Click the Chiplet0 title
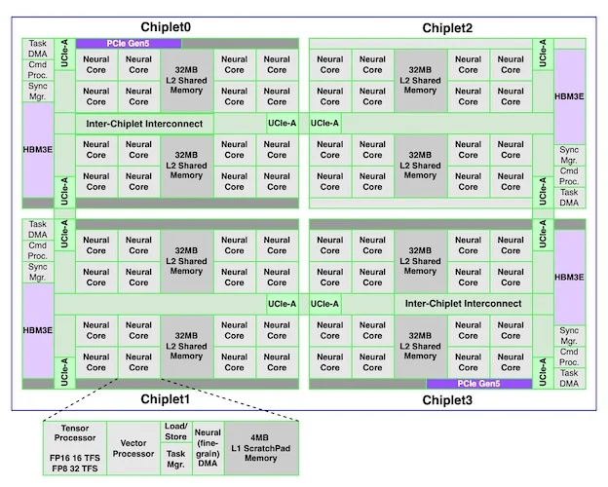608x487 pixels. tap(166, 27)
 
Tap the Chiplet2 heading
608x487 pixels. tap(447, 28)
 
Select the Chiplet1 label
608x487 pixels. tap(166, 399)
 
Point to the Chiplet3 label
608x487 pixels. tap(447, 399)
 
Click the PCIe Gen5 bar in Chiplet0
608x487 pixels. tap(129, 44)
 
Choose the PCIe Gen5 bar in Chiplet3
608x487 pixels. tap(478, 384)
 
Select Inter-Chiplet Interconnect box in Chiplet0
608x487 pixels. tap(144, 124)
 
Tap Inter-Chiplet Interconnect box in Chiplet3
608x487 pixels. tap(464, 304)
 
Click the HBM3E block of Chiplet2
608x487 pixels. tap(569, 96)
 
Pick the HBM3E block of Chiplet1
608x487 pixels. tap(38, 330)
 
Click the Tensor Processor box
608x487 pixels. tap(75, 448)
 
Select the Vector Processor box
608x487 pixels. tap(133, 448)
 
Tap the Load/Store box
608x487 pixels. tap(176, 431)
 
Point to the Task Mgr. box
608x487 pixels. tap(176, 459)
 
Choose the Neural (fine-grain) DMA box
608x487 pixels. tap(208, 448)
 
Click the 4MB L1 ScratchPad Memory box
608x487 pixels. tap(261, 448)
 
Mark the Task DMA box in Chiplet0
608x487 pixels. tap(38, 49)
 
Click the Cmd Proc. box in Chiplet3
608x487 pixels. tap(569, 357)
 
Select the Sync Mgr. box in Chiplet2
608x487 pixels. tap(569, 155)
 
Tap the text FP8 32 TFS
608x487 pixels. tap(75, 468)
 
